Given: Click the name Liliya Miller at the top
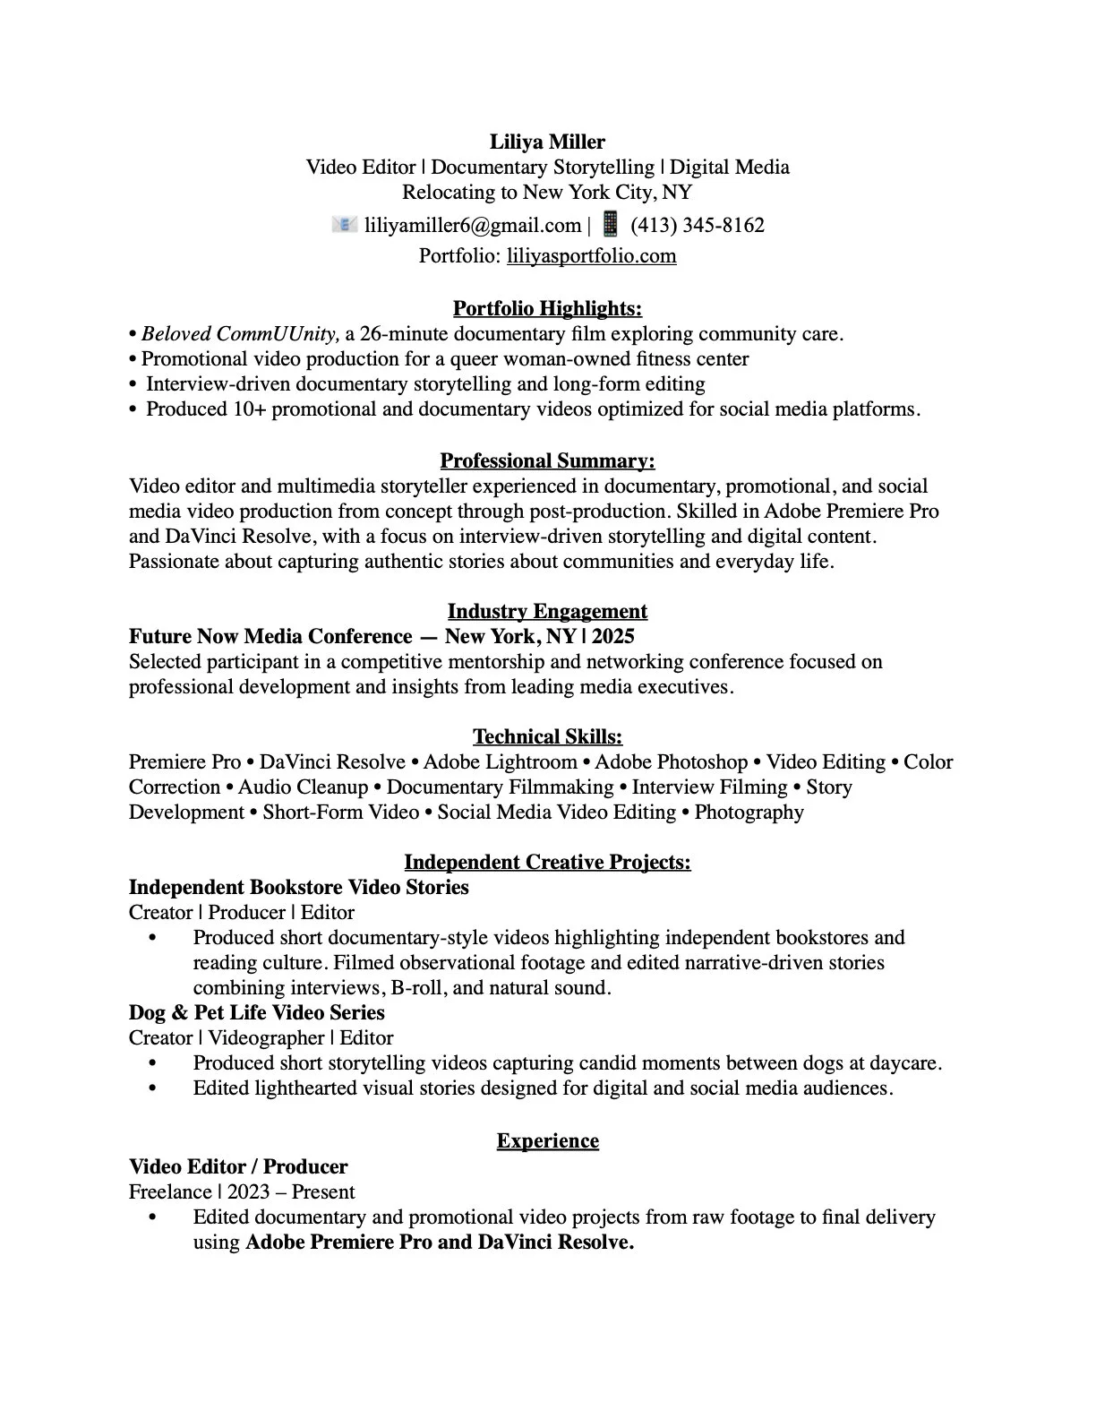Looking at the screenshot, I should click(547, 142).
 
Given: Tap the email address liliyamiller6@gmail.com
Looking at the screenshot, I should click(473, 225).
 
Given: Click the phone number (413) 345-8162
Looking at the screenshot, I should click(698, 225).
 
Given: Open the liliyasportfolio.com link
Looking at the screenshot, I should click(591, 256).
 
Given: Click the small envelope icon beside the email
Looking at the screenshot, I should click(344, 224).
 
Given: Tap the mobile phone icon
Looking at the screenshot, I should click(610, 223).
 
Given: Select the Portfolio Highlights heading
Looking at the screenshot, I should click(547, 309).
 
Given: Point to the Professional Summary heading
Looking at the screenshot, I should click(547, 461).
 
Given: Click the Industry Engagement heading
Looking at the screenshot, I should click(547, 612).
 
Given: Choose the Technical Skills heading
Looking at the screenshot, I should click(547, 737).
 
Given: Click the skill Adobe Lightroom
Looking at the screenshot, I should click(500, 762).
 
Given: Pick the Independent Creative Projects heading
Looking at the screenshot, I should click(547, 863).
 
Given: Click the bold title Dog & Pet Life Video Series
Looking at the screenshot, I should click(256, 1013).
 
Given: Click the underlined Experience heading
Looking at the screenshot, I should click(547, 1141).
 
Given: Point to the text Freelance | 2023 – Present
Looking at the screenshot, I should click(242, 1192).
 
